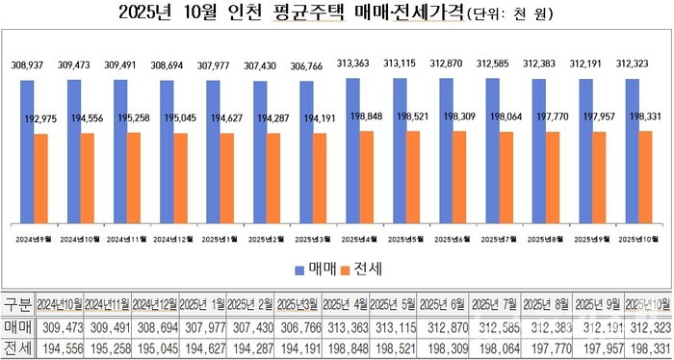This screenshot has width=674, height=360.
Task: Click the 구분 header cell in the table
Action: pos(17,305)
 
